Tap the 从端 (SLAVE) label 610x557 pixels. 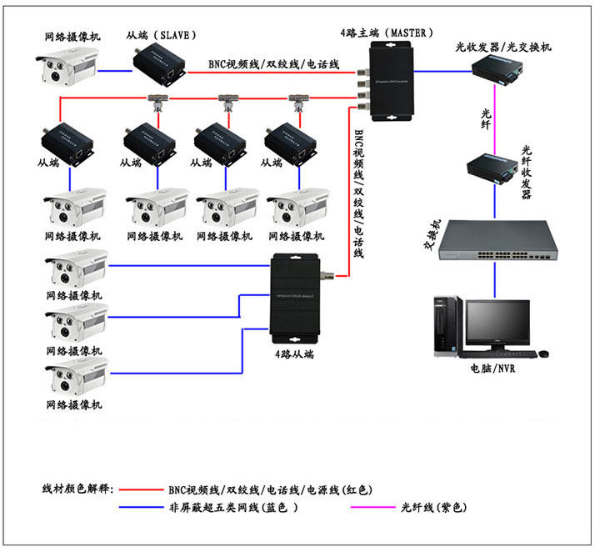162,35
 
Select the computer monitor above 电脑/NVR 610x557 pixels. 497,325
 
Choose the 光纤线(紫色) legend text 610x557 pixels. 433,507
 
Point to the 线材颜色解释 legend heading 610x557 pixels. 78,489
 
